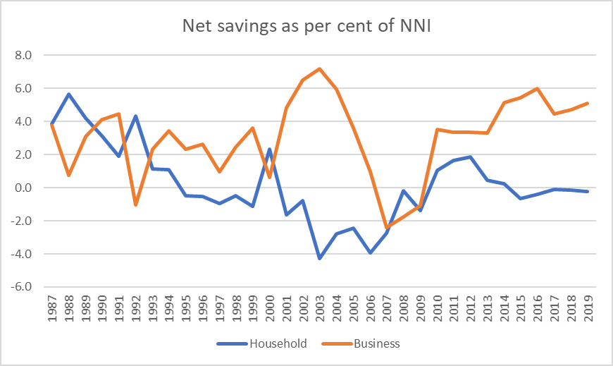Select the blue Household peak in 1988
coord(68,94)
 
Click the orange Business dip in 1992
coord(135,205)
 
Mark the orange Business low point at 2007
coord(386,227)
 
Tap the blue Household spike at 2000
coord(269,149)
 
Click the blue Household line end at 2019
coord(588,191)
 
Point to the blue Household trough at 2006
coord(369,252)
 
